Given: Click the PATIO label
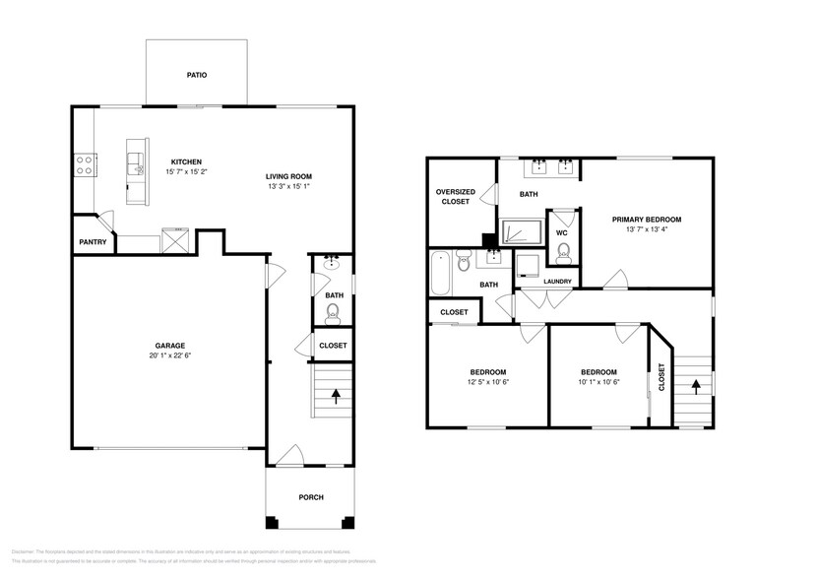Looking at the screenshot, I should pyautogui.click(x=196, y=75).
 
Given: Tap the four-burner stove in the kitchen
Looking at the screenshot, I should pyautogui.click(x=85, y=164).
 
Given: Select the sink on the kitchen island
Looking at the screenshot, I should pyautogui.click(x=136, y=159).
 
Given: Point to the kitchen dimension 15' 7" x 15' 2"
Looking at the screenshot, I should pyautogui.click(x=187, y=171).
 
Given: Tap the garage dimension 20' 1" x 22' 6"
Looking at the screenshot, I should pyautogui.click(x=169, y=357).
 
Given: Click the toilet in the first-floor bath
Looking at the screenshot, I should pyautogui.click(x=333, y=313).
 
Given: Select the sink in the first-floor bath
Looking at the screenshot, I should pyautogui.click(x=333, y=263).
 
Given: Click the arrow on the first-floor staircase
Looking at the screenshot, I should pyautogui.click(x=336, y=396).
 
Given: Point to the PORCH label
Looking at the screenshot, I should pyautogui.click(x=310, y=497).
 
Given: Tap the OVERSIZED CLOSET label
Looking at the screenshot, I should pyautogui.click(x=456, y=196).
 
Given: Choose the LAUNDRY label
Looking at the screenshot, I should pyautogui.click(x=557, y=282).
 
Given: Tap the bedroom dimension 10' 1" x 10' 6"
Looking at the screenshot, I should pyautogui.click(x=598, y=381).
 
